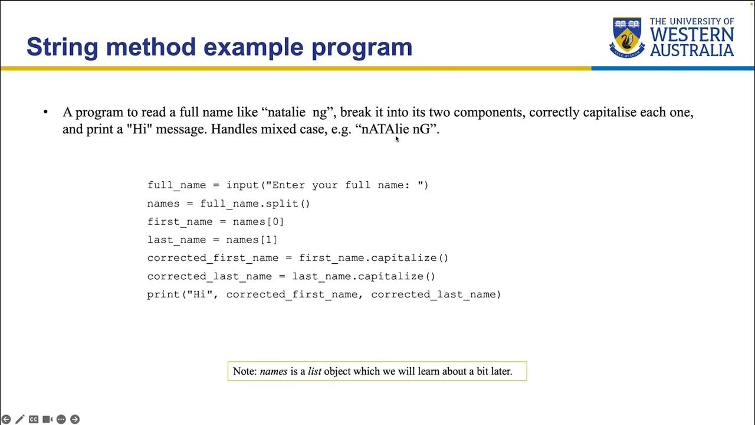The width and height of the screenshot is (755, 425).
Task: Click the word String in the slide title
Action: tap(63, 47)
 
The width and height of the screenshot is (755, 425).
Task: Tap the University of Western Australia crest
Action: tap(627, 37)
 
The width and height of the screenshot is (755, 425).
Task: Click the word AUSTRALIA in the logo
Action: tap(692, 51)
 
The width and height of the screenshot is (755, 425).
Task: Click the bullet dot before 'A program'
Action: tap(45, 112)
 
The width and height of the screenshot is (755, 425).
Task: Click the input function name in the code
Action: tap(243, 185)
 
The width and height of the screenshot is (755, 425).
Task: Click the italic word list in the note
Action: tap(315, 371)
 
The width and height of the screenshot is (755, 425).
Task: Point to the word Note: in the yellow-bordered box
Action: tap(245, 371)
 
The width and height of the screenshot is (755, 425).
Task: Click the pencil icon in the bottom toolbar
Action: tap(20, 419)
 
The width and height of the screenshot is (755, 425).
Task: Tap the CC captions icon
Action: tap(34, 419)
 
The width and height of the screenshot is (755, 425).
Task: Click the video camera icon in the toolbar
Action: tap(47, 419)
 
